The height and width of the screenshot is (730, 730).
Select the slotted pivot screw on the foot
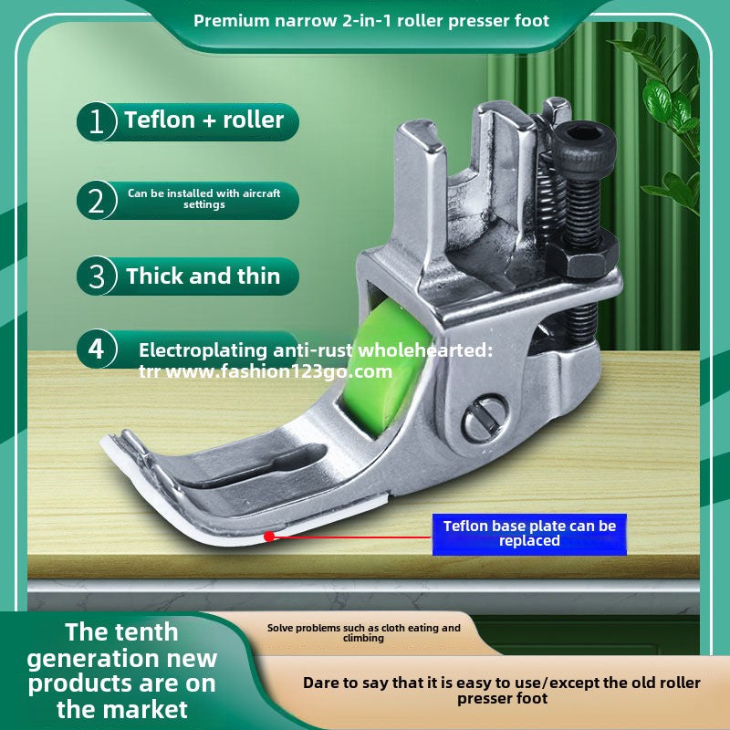click(x=485, y=418)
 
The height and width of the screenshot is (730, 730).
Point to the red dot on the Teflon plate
click(x=269, y=537)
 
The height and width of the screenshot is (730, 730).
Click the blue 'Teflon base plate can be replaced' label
click(x=529, y=534)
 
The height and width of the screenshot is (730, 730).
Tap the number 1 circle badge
click(x=97, y=121)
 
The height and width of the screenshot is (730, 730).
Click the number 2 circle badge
click(x=97, y=200)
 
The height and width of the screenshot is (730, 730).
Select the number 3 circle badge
click(x=97, y=276)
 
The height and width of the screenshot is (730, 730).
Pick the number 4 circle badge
click(x=97, y=349)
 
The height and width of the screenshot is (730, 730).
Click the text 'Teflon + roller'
click(x=203, y=120)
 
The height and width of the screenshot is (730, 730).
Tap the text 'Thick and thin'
click(x=203, y=276)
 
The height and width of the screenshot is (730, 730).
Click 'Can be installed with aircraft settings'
click(x=203, y=199)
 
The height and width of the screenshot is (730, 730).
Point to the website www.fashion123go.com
click(x=279, y=371)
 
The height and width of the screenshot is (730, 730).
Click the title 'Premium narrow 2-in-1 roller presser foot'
click(x=371, y=21)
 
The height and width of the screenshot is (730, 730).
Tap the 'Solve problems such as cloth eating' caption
click(x=363, y=632)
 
